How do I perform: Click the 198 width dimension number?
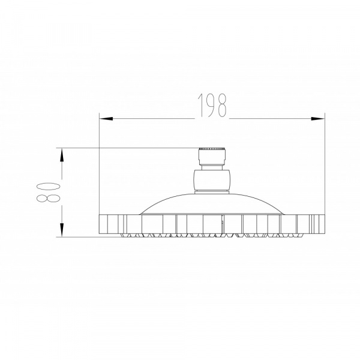click(x=212, y=105)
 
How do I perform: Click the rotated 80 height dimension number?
click(x=49, y=193)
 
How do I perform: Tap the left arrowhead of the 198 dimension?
click(x=106, y=119)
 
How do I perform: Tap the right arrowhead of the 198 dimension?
click(x=318, y=119)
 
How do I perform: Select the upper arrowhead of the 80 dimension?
click(x=62, y=155)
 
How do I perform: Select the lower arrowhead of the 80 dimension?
click(x=62, y=230)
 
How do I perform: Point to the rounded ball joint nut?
click(x=212, y=180)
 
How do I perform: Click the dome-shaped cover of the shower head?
click(x=212, y=204)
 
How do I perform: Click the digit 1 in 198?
click(x=202, y=105)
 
